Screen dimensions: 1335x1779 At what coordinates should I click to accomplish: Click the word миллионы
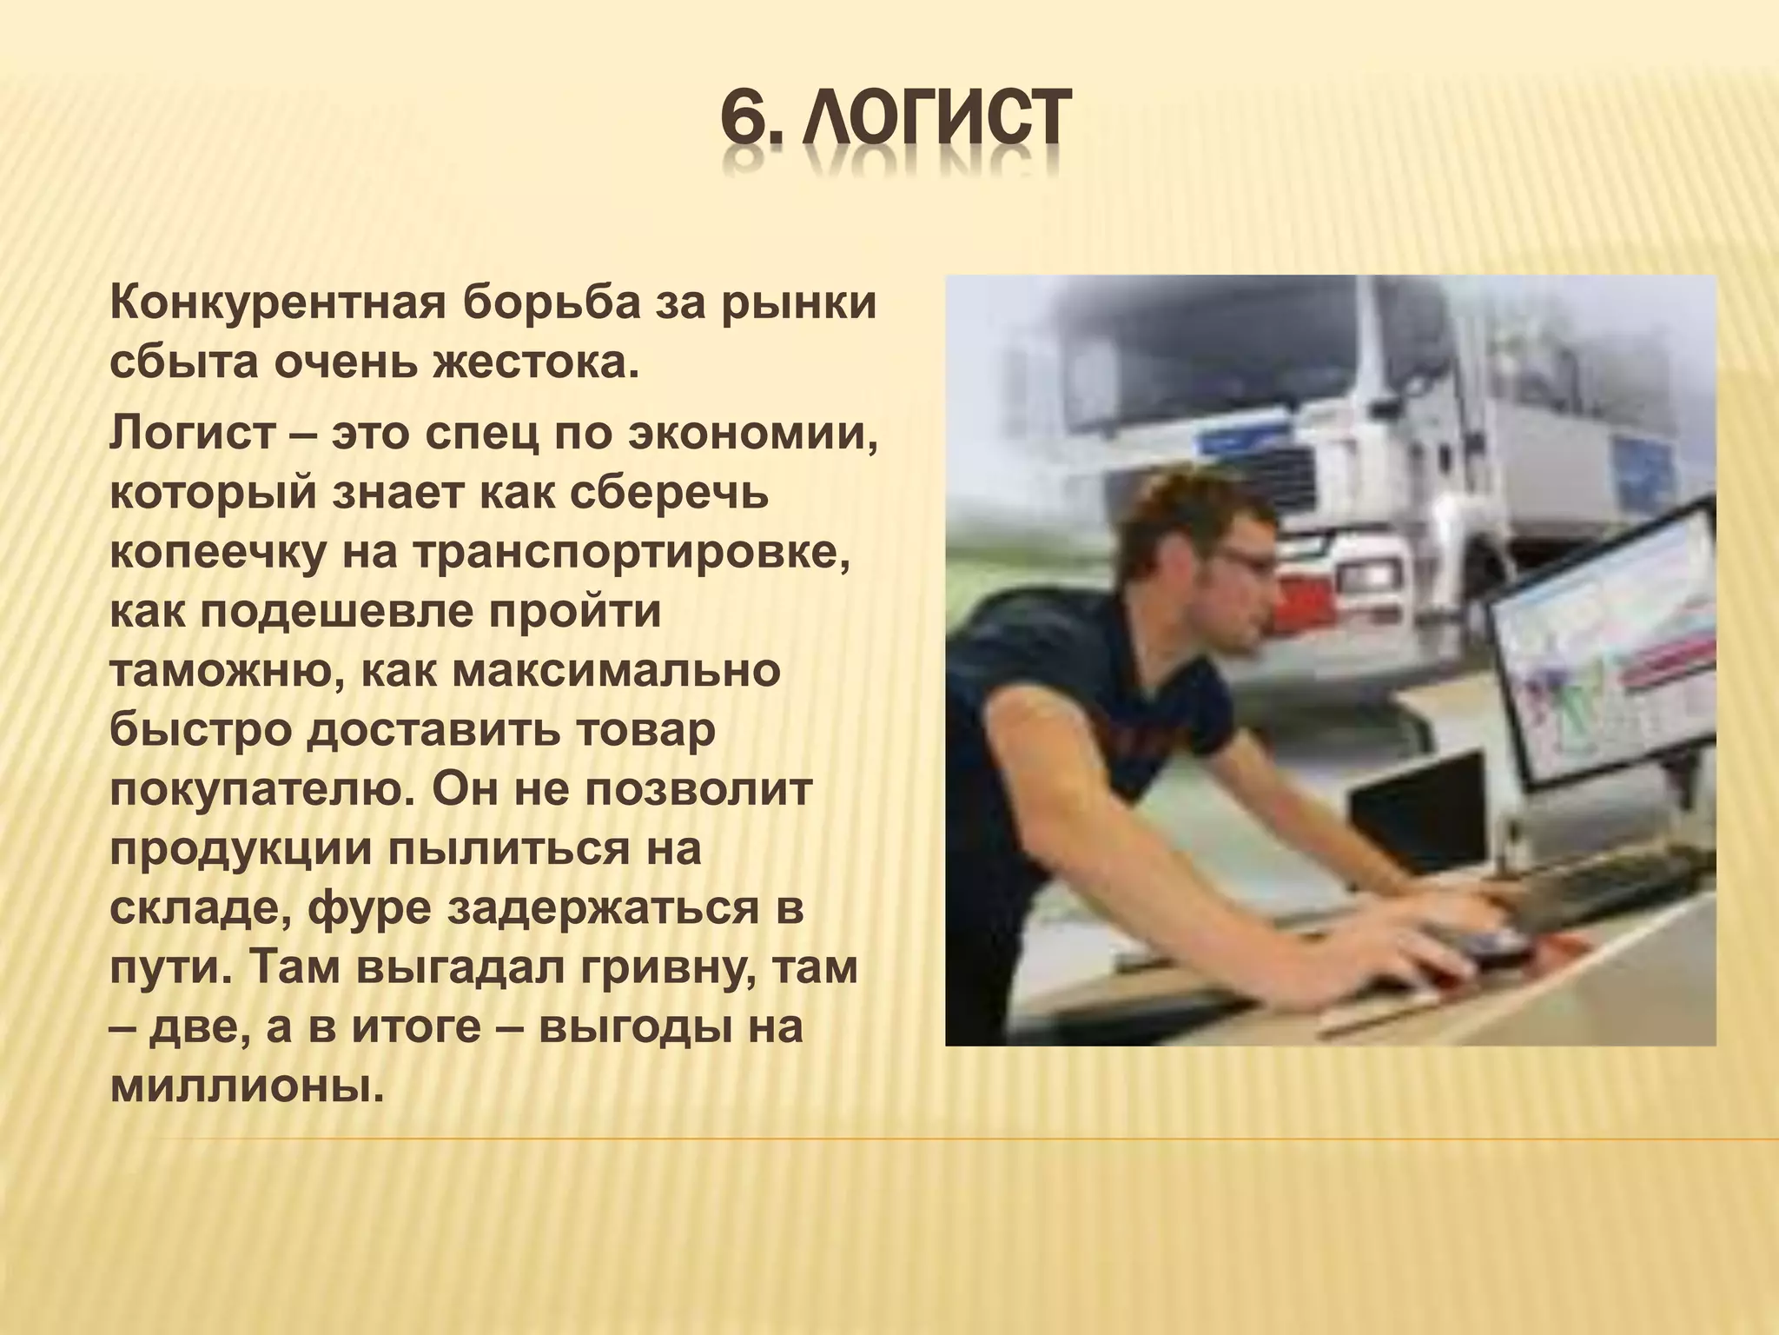(247, 1087)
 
